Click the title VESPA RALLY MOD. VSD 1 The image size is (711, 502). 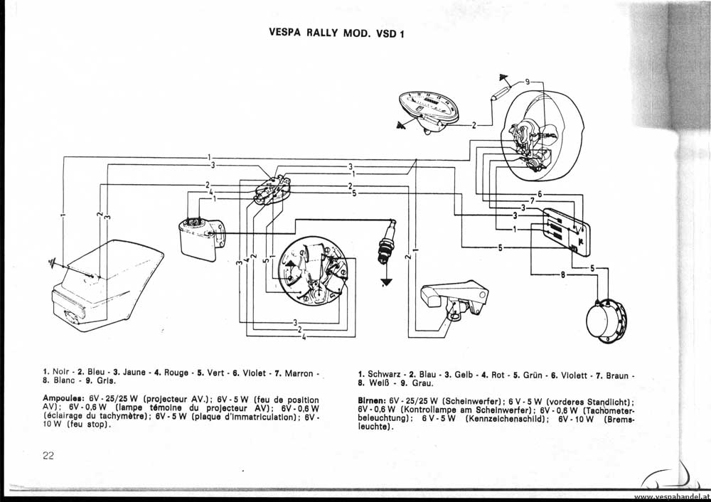[x=336, y=32]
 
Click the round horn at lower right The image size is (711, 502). [x=606, y=320]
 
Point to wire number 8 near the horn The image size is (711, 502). [x=563, y=274]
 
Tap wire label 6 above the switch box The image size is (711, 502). [x=540, y=193]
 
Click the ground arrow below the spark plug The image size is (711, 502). [x=387, y=282]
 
